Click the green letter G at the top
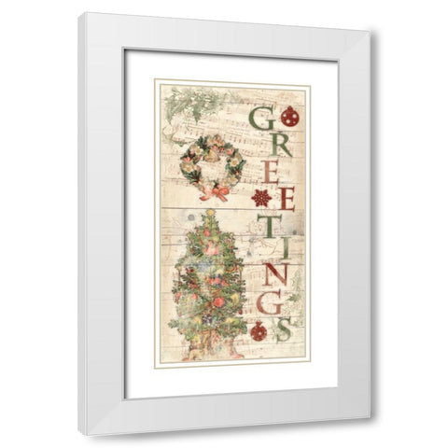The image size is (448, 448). coord(264,119)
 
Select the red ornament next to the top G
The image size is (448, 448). coord(290,117)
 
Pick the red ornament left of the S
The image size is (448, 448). coord(259,330)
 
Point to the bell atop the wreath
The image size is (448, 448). coord(213,146)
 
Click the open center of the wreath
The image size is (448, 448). coord(213,167)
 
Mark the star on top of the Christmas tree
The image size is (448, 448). coord(210,214)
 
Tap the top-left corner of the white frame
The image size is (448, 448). coord(80,14)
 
